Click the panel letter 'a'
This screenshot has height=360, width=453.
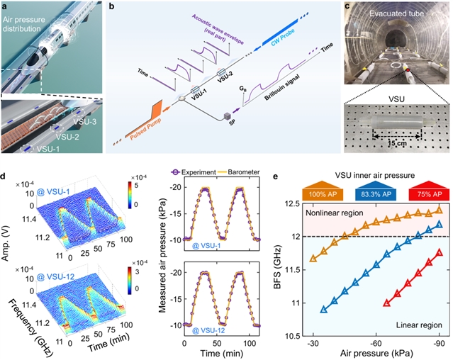(x=5, y=7)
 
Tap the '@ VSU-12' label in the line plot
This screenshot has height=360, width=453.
(x=201, y=327)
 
